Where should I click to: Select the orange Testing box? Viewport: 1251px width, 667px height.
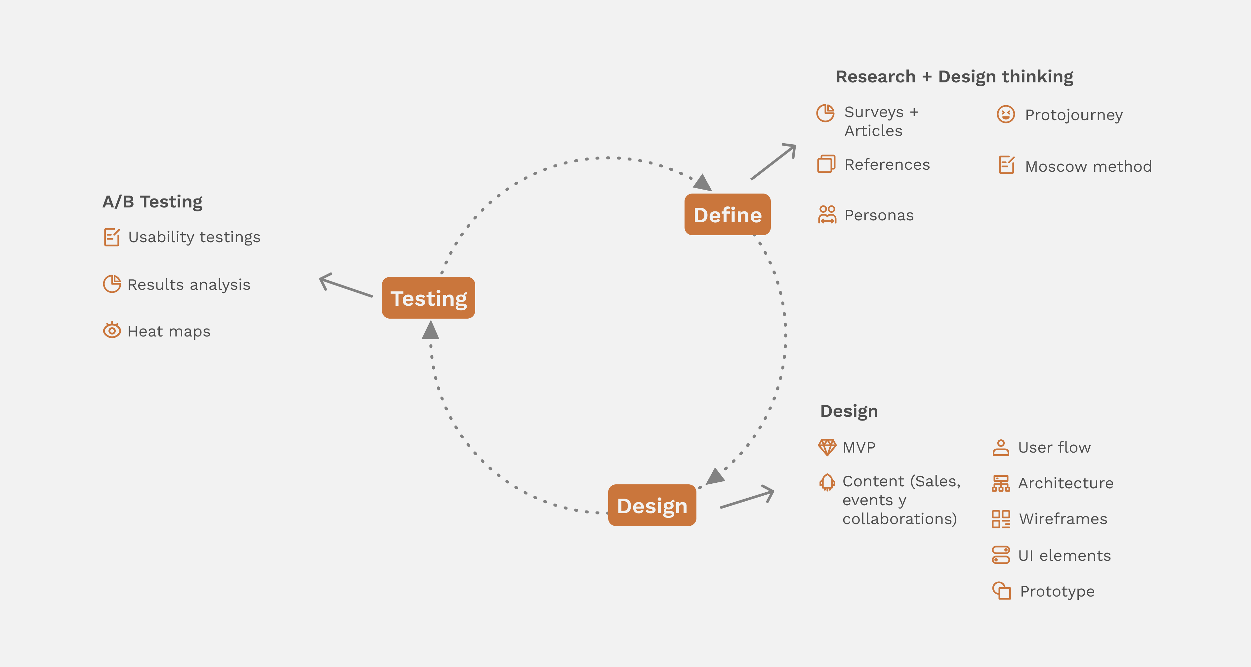pyautogui.click(x=428, y=298)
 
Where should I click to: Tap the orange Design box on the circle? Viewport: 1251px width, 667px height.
pyautogui.click(x=652, y=505)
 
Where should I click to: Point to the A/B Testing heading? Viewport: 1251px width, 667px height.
pyautogui.click(x=152, y=201)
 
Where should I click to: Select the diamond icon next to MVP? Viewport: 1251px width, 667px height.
pyautogui.click(x=826, y=447)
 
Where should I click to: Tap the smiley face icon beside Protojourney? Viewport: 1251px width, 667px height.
pyautogui.click(x=1005, y=115)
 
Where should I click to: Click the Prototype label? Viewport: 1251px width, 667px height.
pyautogui.click(x=1057, y=591)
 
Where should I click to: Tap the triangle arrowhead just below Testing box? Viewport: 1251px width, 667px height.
pyautogui.click(x=430, y=330)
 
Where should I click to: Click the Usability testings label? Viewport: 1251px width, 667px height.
pyautogui.click(x=194, y=237)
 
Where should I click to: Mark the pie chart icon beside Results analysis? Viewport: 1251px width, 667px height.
pyautogui.click(x=112, y=284)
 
